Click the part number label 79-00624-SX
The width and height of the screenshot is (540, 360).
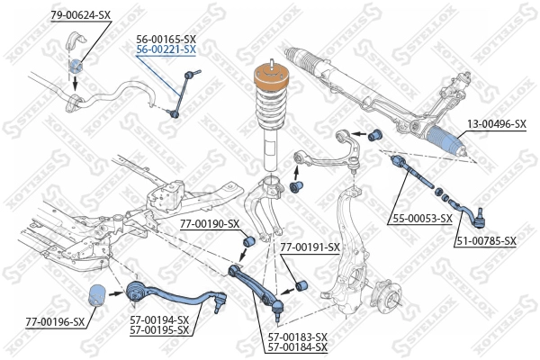(81, 16)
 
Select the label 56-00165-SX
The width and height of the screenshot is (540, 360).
(166, 40)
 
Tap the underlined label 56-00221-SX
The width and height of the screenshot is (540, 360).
(166, 50)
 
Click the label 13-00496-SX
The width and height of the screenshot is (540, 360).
(496, 124)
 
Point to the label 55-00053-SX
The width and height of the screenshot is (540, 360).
(421, 219)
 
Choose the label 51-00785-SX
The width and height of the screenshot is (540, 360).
(485, 240)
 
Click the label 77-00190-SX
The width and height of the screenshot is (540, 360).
(209, 223)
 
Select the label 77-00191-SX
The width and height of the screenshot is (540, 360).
(310, 247)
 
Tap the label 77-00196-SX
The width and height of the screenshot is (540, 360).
(55, 321)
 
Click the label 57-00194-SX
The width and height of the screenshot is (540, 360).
(159, 319)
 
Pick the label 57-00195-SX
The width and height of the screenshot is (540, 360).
(159, 329)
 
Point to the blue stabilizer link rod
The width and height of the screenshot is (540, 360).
(180, 91)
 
